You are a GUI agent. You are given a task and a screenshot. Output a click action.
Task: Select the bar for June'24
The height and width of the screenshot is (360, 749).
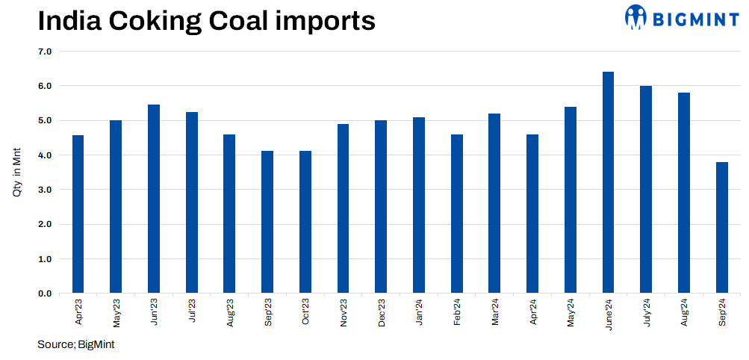tap(608, 182)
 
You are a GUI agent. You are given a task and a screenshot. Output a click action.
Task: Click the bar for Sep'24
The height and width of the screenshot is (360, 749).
tap(721, 228)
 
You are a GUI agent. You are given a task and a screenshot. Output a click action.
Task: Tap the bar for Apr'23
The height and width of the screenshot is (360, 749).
tap(78, 214)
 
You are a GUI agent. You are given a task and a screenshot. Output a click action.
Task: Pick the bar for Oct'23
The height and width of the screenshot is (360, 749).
tap(305, 222)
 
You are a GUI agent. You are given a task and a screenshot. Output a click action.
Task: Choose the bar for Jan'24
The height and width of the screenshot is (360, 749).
tap(419, 205)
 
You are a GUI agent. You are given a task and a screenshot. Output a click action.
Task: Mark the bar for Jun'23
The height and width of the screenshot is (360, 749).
tap(154, 199)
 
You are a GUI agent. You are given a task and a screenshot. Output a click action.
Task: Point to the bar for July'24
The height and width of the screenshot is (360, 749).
tap(646, 190)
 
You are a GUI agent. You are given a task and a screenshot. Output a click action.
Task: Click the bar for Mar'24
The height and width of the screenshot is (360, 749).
tap(494, 203)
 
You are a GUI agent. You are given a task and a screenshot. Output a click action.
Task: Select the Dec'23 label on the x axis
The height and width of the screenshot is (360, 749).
tap(382, 312)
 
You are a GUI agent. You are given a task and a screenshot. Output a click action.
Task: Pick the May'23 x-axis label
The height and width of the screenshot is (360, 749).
tap(116, 312)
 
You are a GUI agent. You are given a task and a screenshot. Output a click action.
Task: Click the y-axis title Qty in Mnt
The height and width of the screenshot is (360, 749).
tap(16, 173)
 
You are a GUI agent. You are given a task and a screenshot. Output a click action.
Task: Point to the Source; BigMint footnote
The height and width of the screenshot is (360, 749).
tap(75, 344)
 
